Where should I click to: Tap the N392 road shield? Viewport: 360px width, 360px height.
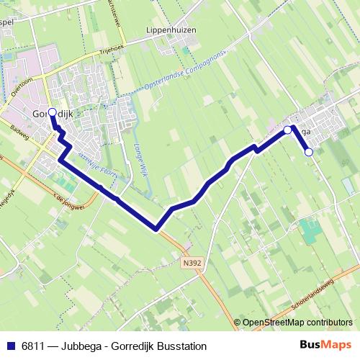pos(192,263)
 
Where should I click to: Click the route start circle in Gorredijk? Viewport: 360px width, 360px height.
pos(52,112)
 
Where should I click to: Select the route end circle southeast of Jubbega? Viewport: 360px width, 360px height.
pos(309,152)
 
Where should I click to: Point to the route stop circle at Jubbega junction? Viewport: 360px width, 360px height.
pos(287,130)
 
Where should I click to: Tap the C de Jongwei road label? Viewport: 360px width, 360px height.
pos(69,193)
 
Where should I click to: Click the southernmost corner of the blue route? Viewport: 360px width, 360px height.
pos(156,230)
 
